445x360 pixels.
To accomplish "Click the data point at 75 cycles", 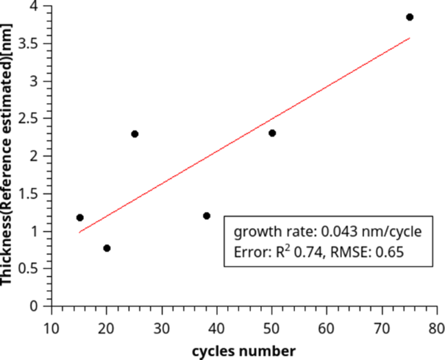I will pos(410,17).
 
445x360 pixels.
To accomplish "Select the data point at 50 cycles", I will pos(272,133).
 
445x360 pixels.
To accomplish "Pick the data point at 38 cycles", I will pos(207,216).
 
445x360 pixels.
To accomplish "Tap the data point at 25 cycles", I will pos(135,134).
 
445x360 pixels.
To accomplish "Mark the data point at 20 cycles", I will pos(107,248).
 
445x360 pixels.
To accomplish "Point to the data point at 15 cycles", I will pos(79,218).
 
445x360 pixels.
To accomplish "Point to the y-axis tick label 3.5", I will pos(32,43).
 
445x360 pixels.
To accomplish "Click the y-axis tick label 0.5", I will pos(32,269).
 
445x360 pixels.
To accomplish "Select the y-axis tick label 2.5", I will pos(32,119).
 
